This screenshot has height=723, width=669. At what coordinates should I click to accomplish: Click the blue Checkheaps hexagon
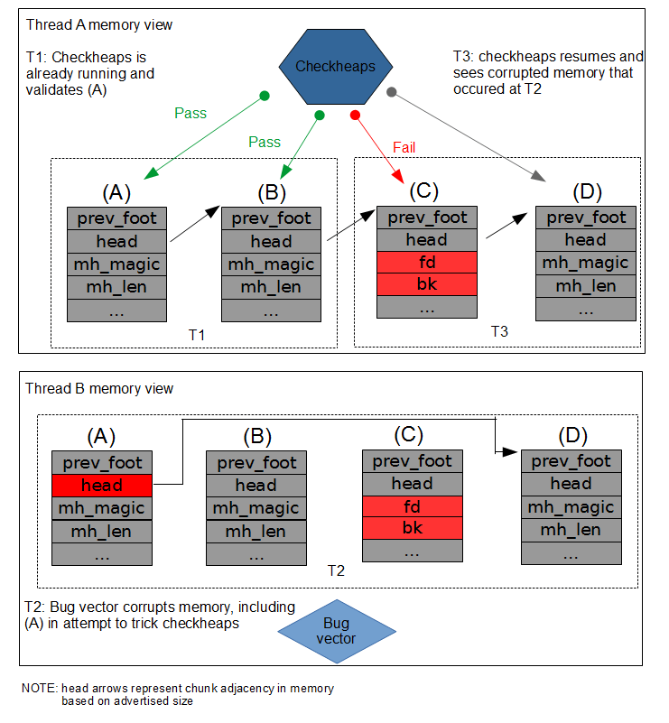(x=334, y=67)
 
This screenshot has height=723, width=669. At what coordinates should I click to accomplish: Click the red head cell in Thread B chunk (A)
(x=102, y=485)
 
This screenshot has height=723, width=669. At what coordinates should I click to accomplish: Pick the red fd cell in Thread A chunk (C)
(x=426, y=262)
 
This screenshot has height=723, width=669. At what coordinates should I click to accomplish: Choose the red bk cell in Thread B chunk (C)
(x=412, y=527)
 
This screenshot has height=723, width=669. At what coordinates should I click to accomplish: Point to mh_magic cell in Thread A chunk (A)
(x=118, y=264)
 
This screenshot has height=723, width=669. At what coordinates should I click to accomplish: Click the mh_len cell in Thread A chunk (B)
(x=271, y=288)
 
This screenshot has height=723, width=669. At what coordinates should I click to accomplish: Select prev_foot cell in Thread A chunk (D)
(x=585, y=218)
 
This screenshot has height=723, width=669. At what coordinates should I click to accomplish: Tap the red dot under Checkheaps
(x=355, y=116)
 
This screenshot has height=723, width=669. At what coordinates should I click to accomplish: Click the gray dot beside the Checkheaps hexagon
(x=391, y=91)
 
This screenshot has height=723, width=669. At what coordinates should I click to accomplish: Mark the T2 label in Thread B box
(x=336, y=571)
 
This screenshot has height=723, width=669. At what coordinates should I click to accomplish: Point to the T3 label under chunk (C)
(x=499, y=331)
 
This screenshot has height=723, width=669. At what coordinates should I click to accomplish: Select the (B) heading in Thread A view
(x=271, y=192)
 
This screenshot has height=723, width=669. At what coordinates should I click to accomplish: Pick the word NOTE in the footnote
(x=40, y=689)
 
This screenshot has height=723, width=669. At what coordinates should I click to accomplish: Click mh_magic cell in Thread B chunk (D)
(x=571, y=507)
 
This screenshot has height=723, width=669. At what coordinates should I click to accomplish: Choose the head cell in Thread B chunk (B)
(x=256, y=485)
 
